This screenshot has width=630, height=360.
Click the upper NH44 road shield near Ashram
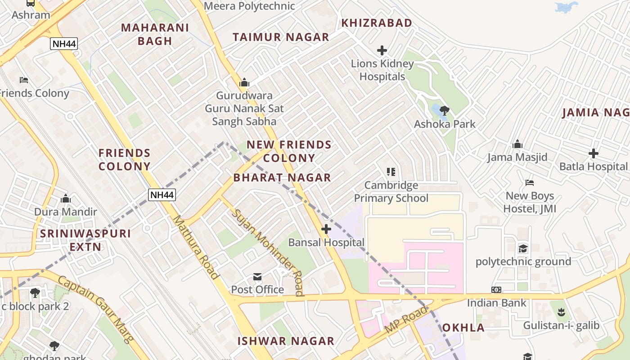coord(63,44)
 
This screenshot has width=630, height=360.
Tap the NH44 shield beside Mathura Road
coord(162,195)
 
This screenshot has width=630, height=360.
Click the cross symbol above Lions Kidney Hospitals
coord(382,50)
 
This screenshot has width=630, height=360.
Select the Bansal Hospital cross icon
coord(326,229)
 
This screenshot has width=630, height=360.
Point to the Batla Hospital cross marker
coord(594,153)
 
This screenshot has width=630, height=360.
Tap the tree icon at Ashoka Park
coord(444,110)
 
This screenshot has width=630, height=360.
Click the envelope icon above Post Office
coord(257,277)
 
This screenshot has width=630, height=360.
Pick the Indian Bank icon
coord(496,290)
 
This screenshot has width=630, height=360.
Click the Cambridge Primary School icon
coord(391,171)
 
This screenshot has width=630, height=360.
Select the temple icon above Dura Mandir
coord(66,198)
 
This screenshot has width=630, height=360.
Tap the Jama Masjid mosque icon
coord(517,144)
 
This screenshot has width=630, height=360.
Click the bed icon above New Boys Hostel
coord(530,183)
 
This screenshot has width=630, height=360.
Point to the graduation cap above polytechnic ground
coord(523,248)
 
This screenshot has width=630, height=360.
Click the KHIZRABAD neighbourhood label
coord(377,23)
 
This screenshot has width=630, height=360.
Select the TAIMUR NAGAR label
coord(281,37)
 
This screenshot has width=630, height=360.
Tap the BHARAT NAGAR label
coord(282,178)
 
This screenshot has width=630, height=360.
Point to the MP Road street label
coord(406,320)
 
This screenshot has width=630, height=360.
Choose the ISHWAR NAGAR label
coord(286,341)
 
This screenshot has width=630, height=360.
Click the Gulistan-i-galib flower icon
coord(561,311)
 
